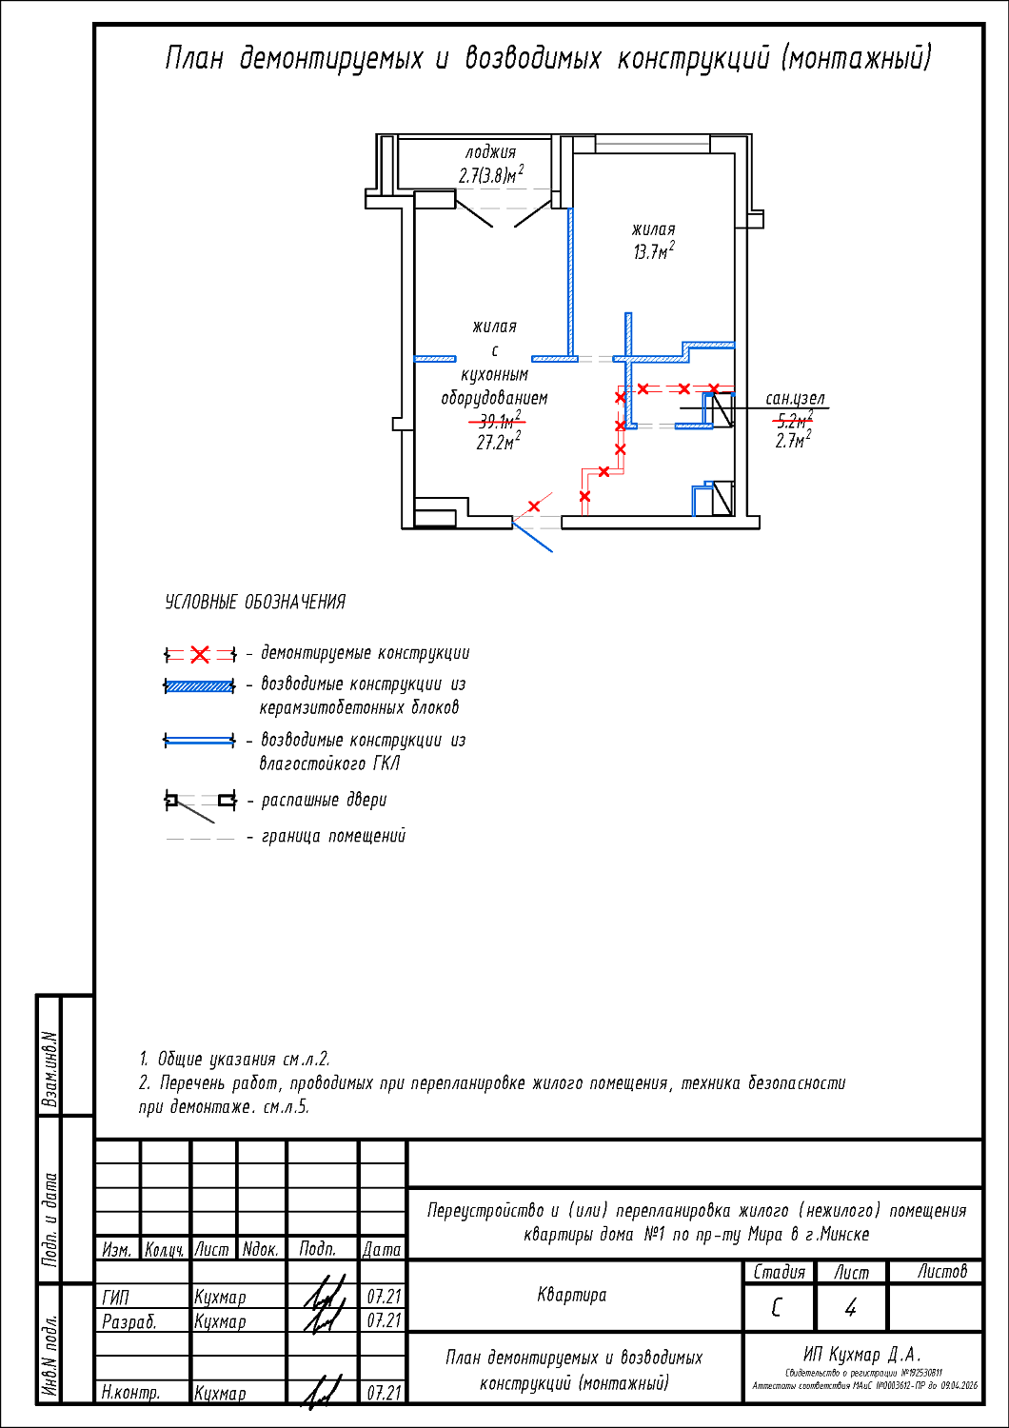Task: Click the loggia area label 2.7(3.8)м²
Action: tap(490, 175)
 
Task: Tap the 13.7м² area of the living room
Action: tap(654, 252)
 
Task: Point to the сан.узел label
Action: tap(795, 399)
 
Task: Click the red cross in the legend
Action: tap(200, 655)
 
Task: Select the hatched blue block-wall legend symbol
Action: tap(200, 685)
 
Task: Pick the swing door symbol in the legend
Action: tap(200, 803)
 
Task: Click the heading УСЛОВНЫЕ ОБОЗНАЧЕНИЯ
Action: tap(255, 603)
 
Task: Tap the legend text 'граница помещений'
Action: tap(333, 836)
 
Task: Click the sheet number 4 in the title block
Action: tap(850, 1308)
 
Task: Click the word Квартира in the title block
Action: tap(572, 1295)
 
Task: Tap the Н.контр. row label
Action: tap(130, 1393)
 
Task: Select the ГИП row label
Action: tap(115, 1297)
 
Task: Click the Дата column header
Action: tap(382, 1249)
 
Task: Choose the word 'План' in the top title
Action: tap(194, 59)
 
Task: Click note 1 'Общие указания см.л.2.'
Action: tap(234, 1059)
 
